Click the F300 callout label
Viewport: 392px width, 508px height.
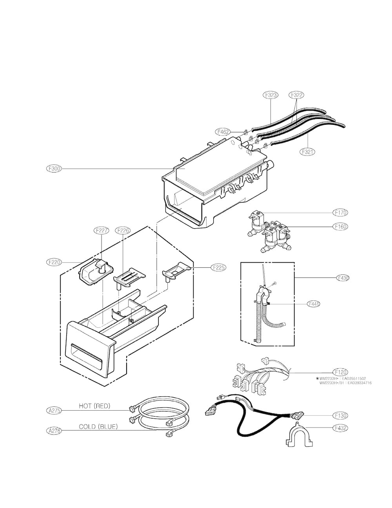53,169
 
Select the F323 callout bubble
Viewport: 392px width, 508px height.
270,95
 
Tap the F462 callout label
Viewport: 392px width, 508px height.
222,132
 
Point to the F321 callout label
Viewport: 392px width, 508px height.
308,151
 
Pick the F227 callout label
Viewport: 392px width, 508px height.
101,231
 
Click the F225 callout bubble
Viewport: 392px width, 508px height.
218,267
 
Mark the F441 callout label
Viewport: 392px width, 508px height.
314,303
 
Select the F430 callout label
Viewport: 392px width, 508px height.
343,278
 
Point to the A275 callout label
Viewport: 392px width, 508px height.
53,411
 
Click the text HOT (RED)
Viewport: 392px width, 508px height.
94,406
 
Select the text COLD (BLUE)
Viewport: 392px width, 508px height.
98,426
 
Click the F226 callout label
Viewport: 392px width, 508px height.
123,231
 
